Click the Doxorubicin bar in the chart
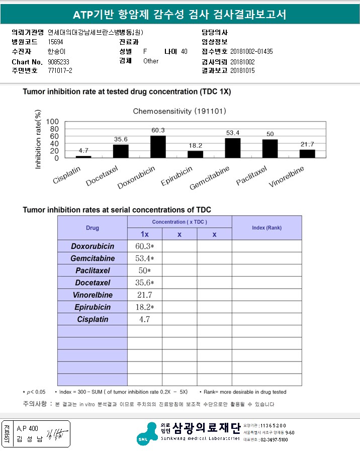click(x=158, y=147)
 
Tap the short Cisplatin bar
click(x=84, y=157)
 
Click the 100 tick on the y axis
click(x=53, y=122)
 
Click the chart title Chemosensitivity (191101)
click(x=179, y=111)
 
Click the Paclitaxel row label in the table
click(x=93, y=270)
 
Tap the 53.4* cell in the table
click(x=144, y=258)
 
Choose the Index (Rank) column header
click(x=266, y=228)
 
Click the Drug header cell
click(x=93, y=228)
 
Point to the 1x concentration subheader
click(x=144, y=234)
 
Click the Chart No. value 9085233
click(x=58, y=61)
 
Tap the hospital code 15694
click(x=56, y=42)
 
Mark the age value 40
click(x=184, y=52)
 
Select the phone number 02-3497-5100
click(x=274, y=440)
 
